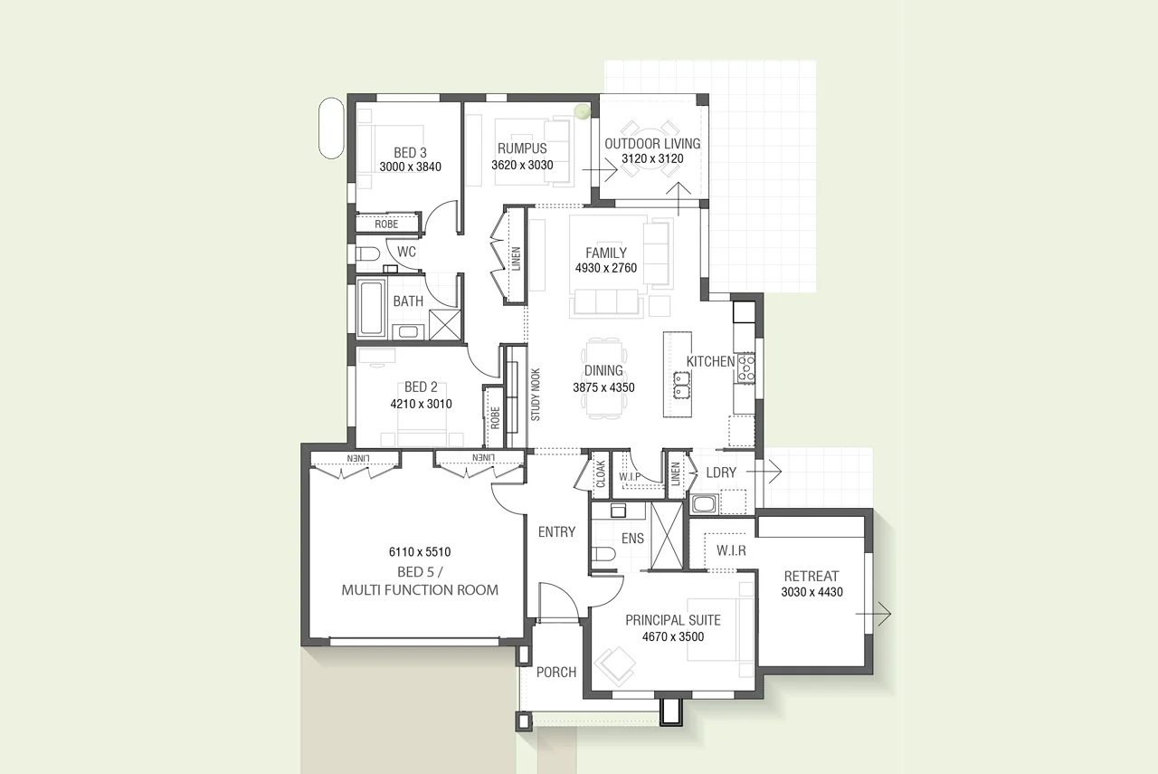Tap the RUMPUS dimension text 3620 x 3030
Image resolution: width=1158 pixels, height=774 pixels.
click(522, 166)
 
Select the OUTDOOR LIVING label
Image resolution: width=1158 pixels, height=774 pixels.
click(652, 144)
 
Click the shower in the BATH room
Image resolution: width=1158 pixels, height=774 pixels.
click(444, 323)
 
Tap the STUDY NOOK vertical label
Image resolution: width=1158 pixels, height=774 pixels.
click(536, 394)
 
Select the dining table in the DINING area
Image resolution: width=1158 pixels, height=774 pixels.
click(603, 378)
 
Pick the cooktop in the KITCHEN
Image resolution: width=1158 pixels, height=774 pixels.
click(747, 367)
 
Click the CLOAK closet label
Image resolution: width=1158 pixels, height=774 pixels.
click(600, 474)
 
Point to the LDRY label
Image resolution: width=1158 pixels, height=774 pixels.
click(721, 473)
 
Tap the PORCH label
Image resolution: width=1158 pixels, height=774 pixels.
click(555, 672)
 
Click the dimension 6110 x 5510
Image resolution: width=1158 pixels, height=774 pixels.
click(419, 551)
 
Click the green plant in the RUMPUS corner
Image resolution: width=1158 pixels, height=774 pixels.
click(582, 112)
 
